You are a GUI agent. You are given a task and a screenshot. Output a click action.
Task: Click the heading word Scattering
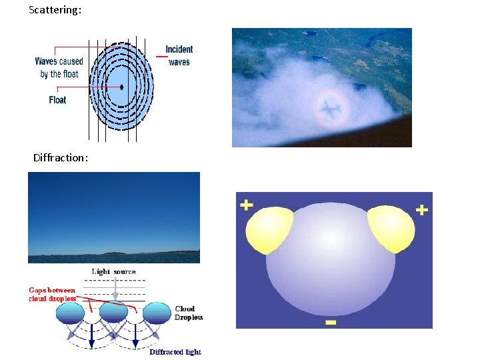(x=55, y=11)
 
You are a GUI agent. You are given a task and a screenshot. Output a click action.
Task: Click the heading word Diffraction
(x=61, y=158)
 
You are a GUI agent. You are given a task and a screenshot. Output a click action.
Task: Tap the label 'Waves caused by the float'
(x=59, y=68)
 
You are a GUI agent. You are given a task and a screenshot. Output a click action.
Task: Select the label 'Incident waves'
(x=179, y=55)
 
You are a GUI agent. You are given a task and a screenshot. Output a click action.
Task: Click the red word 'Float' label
(x=57, y=100)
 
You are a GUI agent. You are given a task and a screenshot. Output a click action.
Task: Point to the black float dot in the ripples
(x=122, y=87)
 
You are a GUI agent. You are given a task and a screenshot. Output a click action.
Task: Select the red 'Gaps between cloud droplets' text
(x=52, y=294)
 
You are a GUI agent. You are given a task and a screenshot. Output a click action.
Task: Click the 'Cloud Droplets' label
(x=189, y=313)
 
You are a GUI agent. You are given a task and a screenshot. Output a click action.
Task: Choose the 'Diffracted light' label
(x=175, y=351)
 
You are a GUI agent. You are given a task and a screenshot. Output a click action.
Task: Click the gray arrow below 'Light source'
(x=115, y=289)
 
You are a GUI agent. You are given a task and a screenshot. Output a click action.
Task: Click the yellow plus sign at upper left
(x=247, y=204)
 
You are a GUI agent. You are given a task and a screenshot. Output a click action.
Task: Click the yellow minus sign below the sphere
(x=331, y=323)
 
